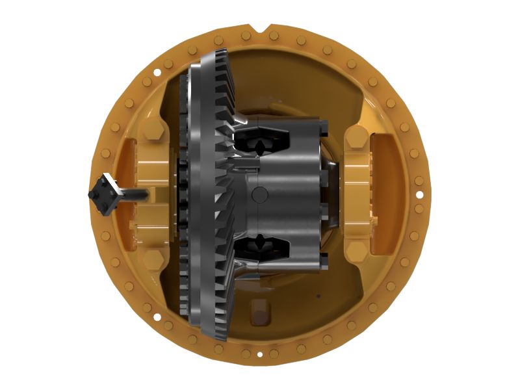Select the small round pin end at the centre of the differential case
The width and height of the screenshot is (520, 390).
259,193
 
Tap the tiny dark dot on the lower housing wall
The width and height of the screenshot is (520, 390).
318,296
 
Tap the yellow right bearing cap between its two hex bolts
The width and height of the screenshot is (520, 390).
357,194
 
